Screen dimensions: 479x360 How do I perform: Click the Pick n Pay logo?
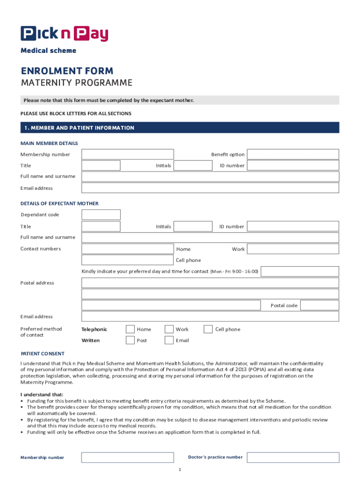point(64,34)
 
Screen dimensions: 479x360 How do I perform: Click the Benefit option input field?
point(293,154)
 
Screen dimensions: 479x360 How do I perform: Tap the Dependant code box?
point(101,215)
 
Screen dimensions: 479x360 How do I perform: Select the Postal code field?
point(319,305)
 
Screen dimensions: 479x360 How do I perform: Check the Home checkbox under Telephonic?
point(130,329)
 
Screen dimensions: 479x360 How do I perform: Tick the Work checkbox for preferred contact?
point(169,329)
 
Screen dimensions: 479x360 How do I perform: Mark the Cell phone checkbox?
point(208,329)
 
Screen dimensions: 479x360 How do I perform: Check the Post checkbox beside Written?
point(130,340)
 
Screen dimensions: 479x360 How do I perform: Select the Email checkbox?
point(169,340)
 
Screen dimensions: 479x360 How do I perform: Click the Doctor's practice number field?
point(293,457)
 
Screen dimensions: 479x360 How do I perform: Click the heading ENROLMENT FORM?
point(67,71)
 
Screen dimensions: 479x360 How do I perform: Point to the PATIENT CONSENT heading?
point(43,354)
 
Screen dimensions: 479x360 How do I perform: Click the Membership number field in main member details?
point(128,154)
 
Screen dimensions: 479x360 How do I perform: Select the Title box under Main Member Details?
point(101,166)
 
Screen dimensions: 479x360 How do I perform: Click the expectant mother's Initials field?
point(193,226)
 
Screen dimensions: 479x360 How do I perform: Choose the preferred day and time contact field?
point(300,271)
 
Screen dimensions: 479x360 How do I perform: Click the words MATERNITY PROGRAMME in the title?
point(77,83)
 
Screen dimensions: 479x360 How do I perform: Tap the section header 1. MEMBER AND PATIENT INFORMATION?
point(79,128)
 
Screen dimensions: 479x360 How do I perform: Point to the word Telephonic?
point(94,329)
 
